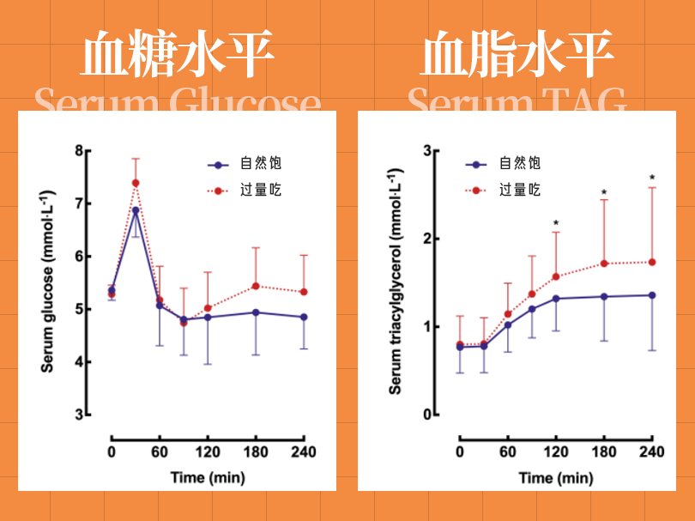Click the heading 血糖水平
click(x=178, y=56)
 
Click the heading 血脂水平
click(x=517, y=56)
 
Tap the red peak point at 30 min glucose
click(x=136, y=183)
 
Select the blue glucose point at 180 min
click(x=256, y=312)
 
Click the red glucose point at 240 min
click(x=304, y=292)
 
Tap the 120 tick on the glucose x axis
click(x=208, y=451)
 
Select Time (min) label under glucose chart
click(x=207, y=477)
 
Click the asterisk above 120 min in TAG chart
click(x=556, y=225)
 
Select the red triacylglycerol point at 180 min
click(x=604, y=264)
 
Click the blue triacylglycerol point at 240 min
click(x=652, y=295)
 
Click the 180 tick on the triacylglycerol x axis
click(x=604, y=451)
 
